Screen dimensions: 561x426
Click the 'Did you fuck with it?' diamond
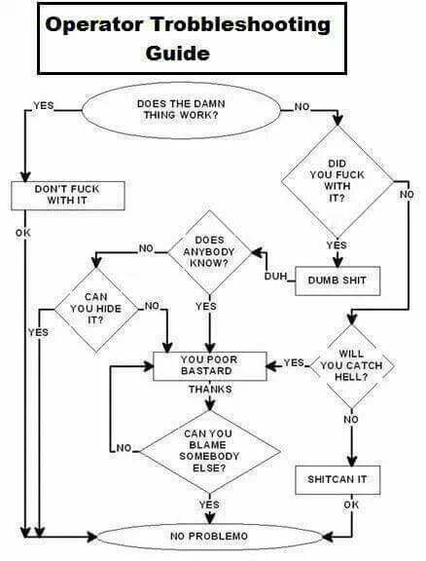(x=337, y=179)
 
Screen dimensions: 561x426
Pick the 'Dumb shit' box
(x=337, y=280)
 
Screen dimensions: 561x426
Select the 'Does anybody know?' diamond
(x=209, y=251)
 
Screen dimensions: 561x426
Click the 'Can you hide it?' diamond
(x=95, y=307)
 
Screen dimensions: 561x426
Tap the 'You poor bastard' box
(x=209, y=365)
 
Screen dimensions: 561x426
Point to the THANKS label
(x=209, y=390)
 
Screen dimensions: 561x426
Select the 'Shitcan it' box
(x=337, y=480)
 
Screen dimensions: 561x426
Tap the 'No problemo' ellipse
(x=209, y=537)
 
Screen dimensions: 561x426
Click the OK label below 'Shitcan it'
(x=351, y=505)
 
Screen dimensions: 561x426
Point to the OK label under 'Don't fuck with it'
(x=23, y=232)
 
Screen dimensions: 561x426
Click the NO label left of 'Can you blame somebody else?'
(x=124, y=449)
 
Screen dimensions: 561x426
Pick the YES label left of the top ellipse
(x=45, y=105)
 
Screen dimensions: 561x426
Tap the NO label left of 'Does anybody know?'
(x=146, y=249)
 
